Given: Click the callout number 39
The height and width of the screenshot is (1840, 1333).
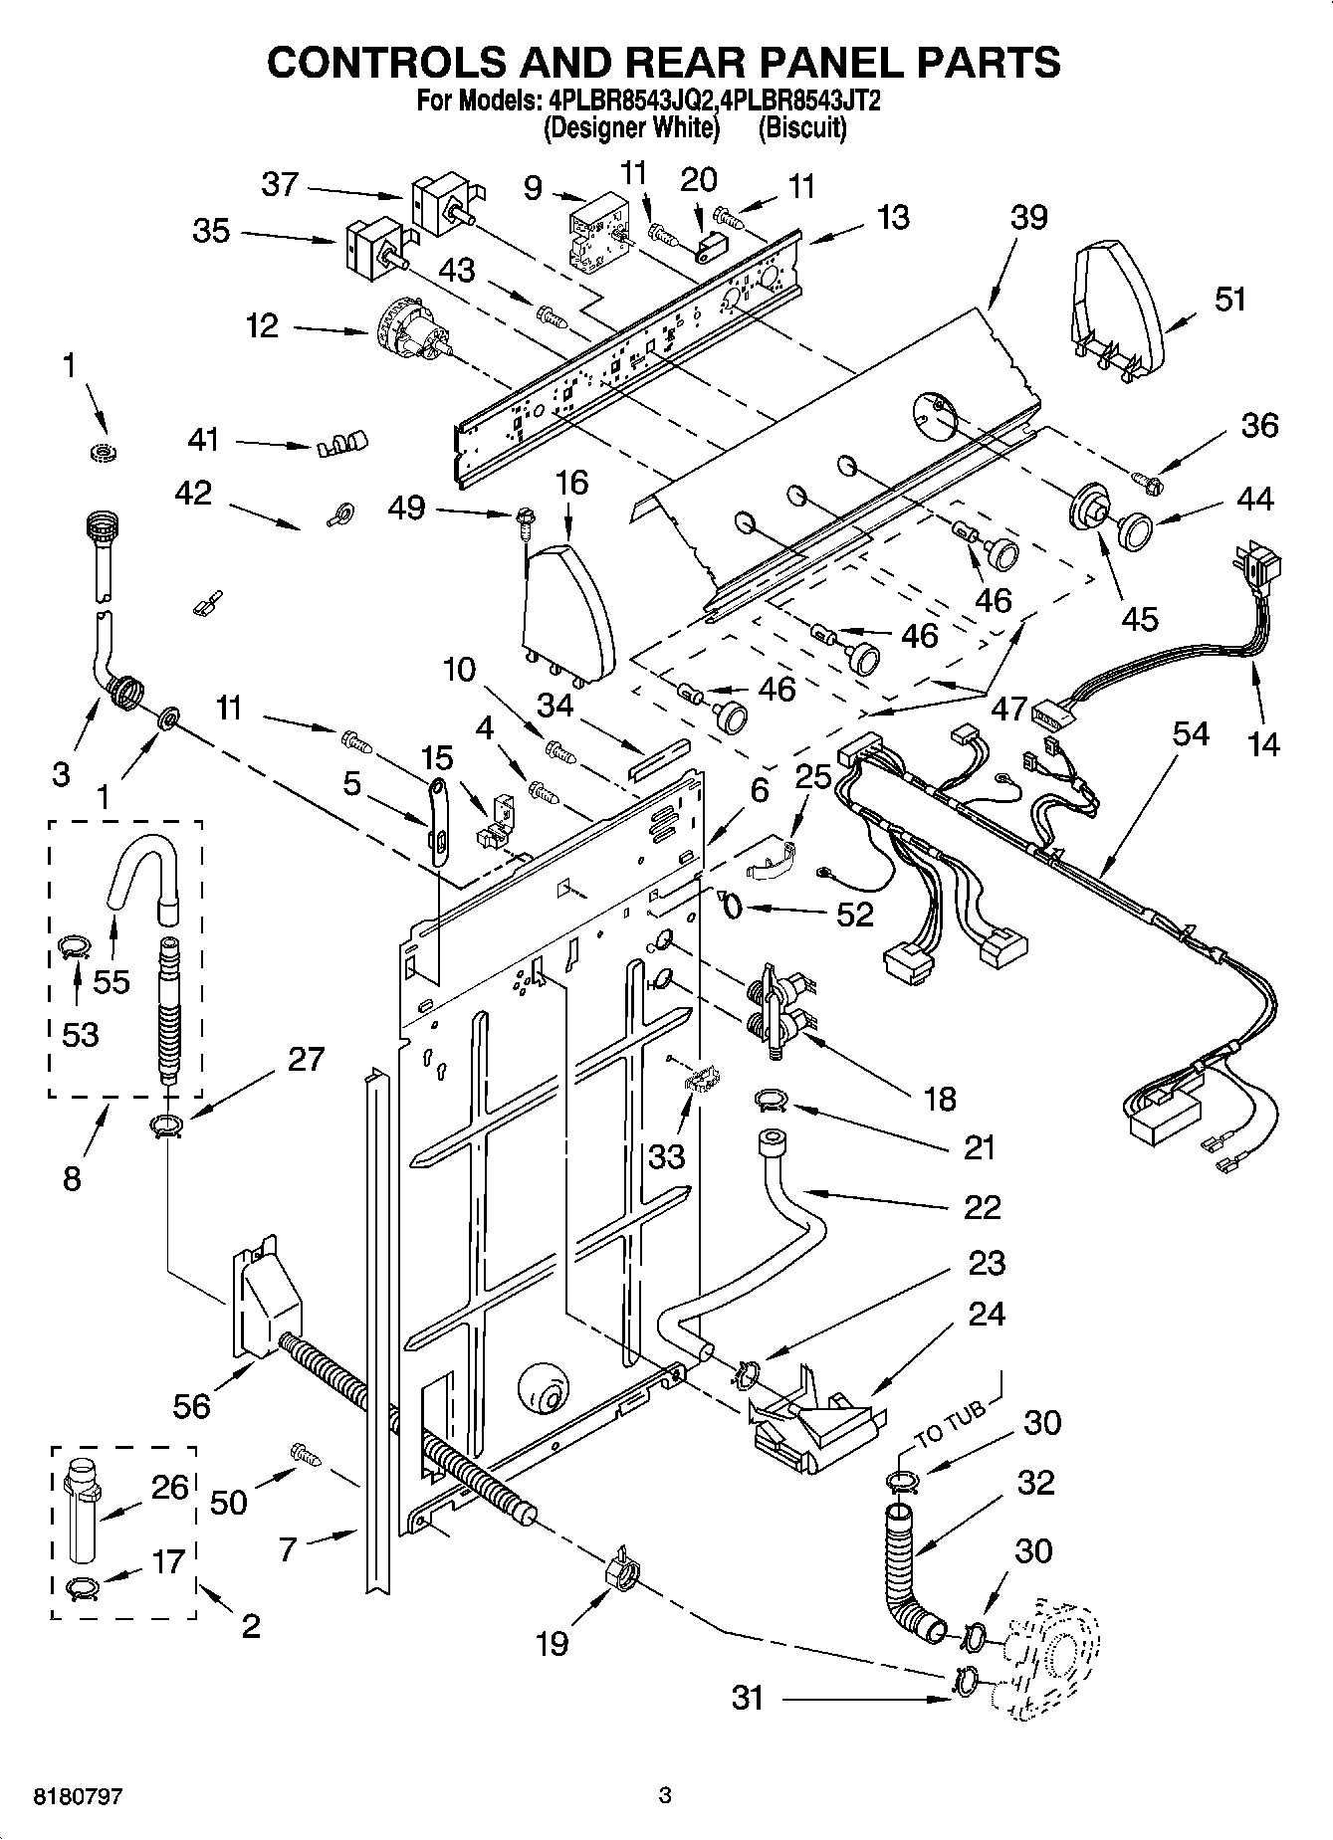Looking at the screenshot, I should pos(1027,217).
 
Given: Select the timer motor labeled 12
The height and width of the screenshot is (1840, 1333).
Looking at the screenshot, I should pos(410,332).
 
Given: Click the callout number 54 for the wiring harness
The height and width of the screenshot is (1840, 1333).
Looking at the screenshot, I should pos(1190,734).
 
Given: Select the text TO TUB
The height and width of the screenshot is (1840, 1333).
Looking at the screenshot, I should pos(950,1423).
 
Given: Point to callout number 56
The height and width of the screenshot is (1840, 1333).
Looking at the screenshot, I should pos(191,1405).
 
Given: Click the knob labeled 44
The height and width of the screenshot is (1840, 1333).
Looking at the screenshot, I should pos(1135,528).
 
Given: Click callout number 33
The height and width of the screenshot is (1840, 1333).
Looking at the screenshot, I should pos(668,1155).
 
